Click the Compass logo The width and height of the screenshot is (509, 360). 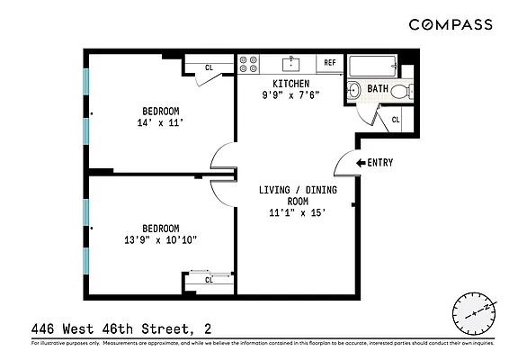point(451,24)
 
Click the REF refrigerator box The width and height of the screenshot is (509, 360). point(329,63)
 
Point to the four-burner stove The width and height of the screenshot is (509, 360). point(249,64)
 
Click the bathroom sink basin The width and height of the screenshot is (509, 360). point(353,89)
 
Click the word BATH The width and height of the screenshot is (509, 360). point(378,89)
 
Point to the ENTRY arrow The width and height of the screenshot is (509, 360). point(362,163)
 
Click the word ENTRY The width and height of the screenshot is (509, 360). point(381,163)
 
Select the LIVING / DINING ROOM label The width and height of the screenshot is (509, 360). point(290,196)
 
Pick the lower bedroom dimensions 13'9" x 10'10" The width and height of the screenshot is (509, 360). point(159,240)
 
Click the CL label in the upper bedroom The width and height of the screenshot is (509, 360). point(209,67)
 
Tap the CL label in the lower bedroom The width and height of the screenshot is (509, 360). point(208,280)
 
